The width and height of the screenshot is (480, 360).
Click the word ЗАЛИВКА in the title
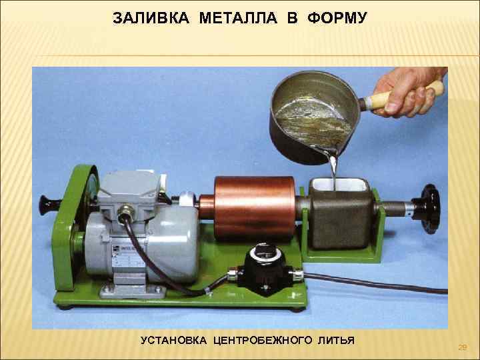tap(151, 18)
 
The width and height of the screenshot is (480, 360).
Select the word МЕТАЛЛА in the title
tap(238, 18)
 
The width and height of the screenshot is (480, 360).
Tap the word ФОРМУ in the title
tap(337, 18)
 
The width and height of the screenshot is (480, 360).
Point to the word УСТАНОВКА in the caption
tap(173, 341)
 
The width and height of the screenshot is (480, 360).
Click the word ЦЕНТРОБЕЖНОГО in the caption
tap(263, 341)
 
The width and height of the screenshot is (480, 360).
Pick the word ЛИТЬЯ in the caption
tap(336, 341)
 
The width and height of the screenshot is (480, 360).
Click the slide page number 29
tap(463, 347)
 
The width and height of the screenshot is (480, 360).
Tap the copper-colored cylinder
tap(254, 207)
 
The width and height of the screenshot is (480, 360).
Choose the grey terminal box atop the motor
tap(130, 187)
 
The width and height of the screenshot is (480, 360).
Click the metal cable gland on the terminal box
tap(125, 212)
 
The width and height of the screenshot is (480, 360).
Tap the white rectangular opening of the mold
tap(338, 185)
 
